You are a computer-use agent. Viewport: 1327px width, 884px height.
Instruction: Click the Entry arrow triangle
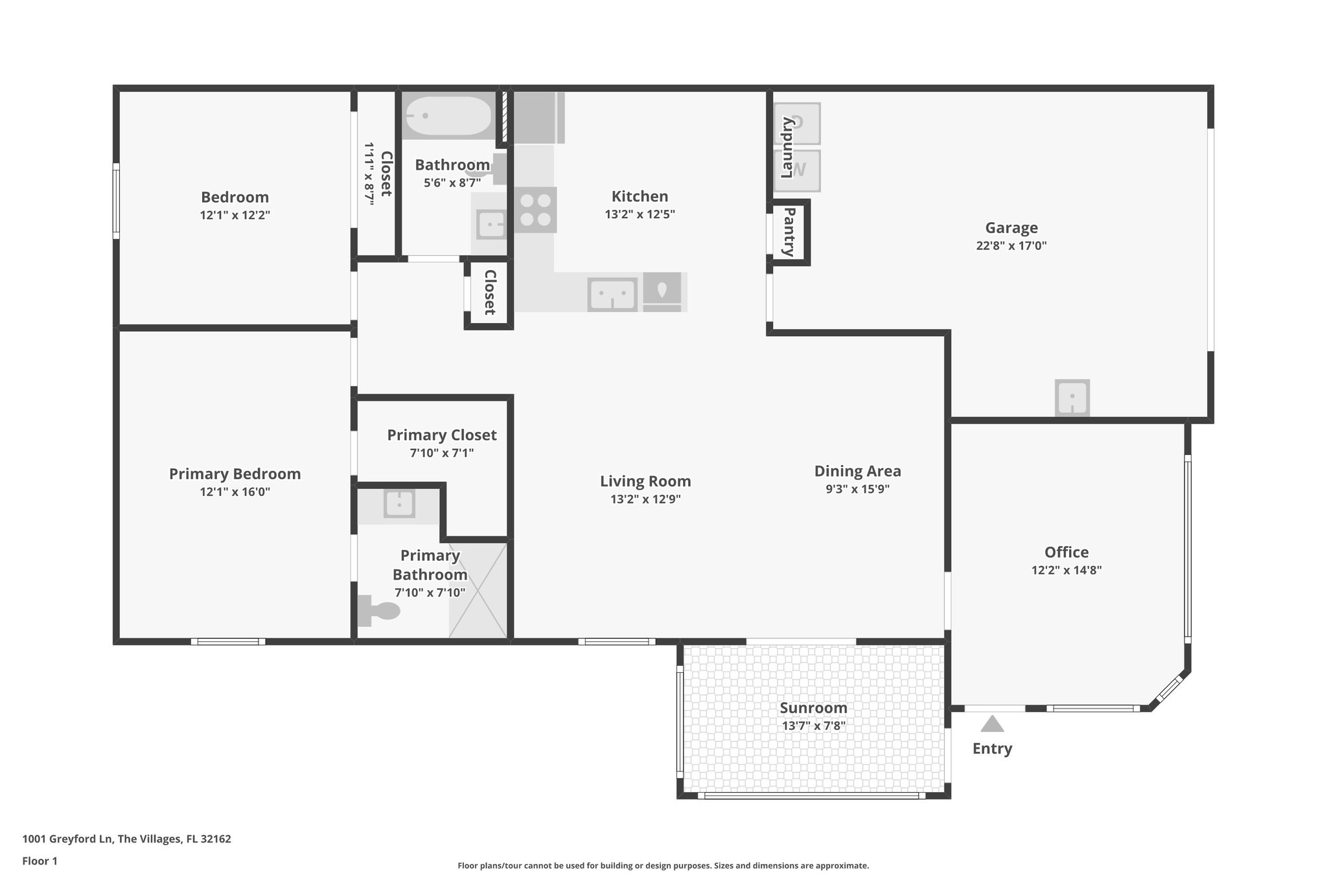(992, 723)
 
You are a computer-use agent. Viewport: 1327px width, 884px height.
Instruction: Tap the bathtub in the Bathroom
(448, 116)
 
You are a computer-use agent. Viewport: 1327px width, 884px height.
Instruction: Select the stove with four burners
(536, 210)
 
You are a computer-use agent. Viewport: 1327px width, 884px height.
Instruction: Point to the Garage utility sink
(1072, 396)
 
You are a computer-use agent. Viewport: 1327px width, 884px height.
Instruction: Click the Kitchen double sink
(612, 294)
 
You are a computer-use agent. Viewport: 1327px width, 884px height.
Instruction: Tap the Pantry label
(789, 232)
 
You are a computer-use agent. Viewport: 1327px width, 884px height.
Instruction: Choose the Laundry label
(787, 148)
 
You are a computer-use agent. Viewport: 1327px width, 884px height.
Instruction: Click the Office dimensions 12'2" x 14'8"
(1067, 571)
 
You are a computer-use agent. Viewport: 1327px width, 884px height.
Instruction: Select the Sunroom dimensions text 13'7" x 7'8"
(813, 726)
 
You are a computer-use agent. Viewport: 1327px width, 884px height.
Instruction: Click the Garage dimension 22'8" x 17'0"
(1011, 246)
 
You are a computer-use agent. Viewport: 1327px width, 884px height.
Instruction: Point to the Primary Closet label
(442, 435)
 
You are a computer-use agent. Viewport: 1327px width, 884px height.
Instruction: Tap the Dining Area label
(857, 471)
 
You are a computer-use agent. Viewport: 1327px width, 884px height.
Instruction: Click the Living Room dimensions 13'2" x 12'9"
(645, 499)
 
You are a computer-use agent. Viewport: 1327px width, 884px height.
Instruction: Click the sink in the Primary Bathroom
(399, 504)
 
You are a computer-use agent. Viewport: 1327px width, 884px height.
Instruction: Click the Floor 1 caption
(40, 861)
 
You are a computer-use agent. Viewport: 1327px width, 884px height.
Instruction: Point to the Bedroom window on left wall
(117, 201)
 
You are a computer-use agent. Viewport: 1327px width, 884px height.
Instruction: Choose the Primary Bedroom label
(235, 474)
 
